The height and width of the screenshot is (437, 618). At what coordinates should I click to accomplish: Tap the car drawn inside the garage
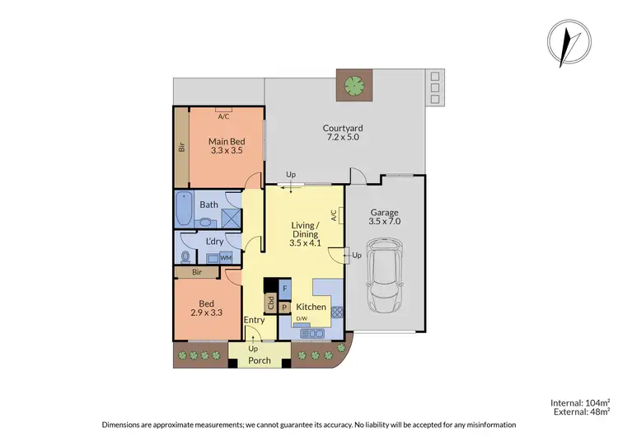(x=384, y=271)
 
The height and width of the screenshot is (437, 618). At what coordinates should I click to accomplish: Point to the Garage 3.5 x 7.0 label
(x=384, y=217)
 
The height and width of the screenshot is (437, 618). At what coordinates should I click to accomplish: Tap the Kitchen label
(x=311, y=308)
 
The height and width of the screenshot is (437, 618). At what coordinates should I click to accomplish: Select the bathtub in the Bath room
(x=184, y=210)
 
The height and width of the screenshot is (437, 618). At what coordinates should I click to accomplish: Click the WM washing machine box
(x=225, y=258)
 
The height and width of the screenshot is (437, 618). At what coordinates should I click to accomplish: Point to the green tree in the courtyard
(x=355, y=84)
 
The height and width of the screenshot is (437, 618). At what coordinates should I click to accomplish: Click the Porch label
(x=260, y=360)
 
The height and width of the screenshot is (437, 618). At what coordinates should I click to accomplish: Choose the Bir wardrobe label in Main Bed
(x=181, y=148)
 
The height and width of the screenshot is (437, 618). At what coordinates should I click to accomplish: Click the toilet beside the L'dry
(x=184, y=257)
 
